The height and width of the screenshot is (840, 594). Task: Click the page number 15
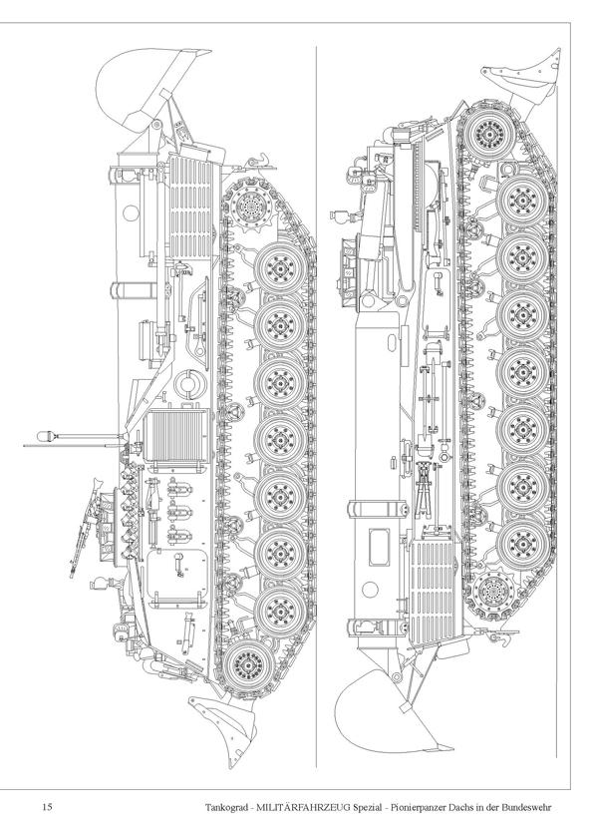(47, 807)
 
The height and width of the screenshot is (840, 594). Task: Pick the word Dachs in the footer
(461, 807)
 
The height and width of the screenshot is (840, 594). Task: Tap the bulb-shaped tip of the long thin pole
(47, 436)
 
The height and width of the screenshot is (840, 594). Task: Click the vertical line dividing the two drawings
(316, 406)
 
